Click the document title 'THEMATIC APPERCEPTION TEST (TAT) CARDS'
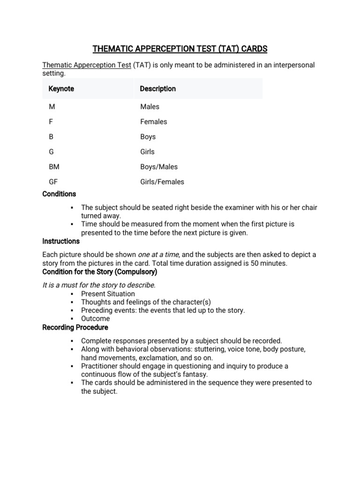180,49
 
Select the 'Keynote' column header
61,89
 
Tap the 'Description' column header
158,89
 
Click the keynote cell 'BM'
54,167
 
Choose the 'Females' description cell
153,122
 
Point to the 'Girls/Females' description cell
162,182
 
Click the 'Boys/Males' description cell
159,167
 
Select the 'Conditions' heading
59,194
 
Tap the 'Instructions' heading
61,241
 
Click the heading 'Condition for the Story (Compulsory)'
100,272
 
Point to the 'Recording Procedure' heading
75,327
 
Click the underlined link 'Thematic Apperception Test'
87,65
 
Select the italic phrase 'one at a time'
158,255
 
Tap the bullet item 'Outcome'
95,319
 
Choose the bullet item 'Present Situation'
108,294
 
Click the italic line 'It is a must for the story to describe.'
99,285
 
